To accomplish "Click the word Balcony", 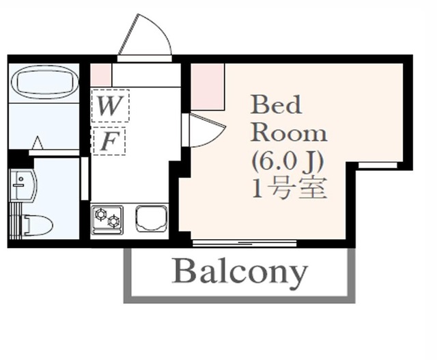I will click(240, 272).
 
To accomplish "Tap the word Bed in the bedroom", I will click(276, 105).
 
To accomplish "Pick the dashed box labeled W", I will click(109, 106).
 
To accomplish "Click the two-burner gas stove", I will click(107, 219).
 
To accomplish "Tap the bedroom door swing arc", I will click(204, 130).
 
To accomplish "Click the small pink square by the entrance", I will click(101, 74).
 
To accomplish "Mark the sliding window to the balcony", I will click(244, 243).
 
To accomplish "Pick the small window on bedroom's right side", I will click(378, 165).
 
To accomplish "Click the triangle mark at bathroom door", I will click(38, 143).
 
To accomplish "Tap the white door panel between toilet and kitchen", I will click(85, 179).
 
